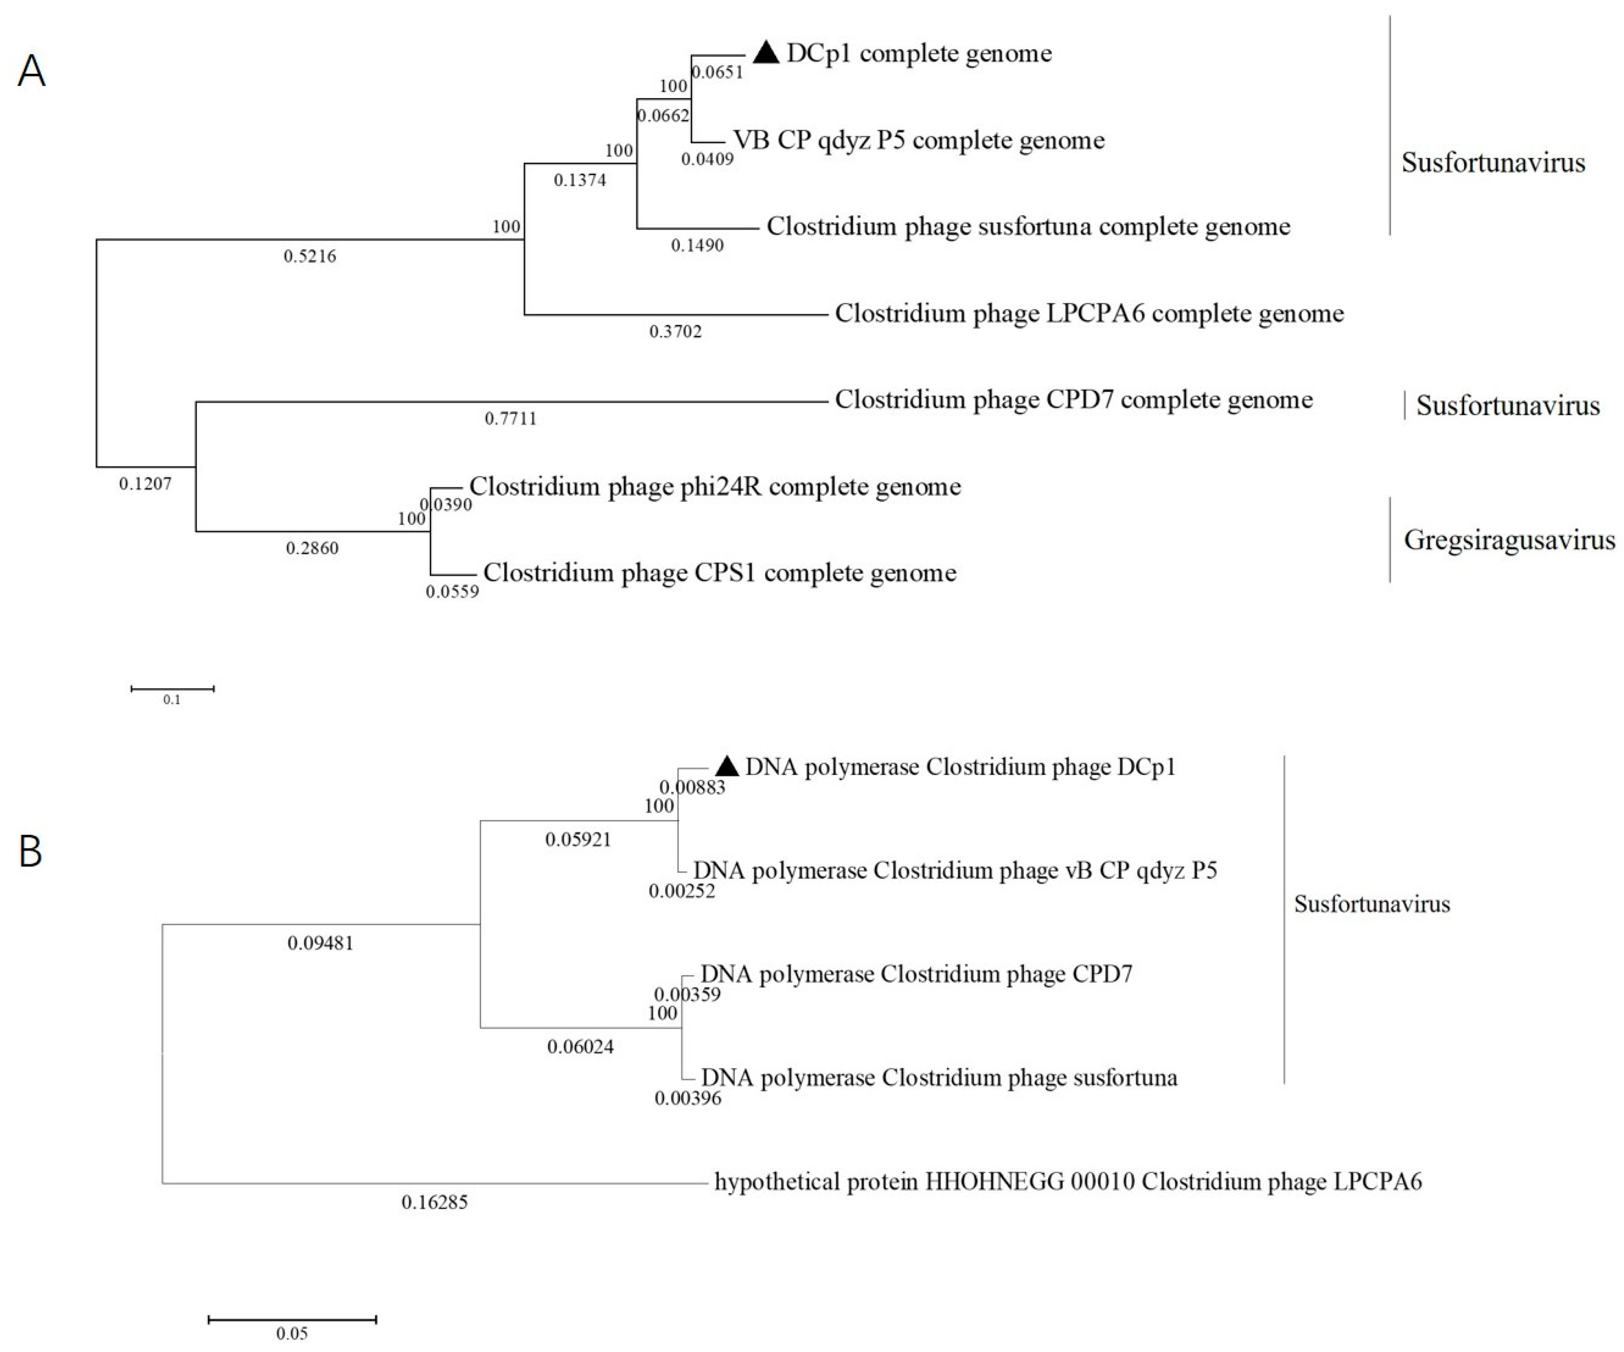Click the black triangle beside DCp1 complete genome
click(766, 52)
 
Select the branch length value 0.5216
click(310, 256)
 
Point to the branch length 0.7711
click(510, 419)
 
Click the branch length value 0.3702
click(675, 332)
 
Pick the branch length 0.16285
click(435, 1203)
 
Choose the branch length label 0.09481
click(320, 943)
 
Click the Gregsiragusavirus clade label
click(1509, 540)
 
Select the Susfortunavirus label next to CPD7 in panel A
click(1507, 405)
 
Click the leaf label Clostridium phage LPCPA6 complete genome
click(1089, 313)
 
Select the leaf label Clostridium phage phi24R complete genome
click(715, 486)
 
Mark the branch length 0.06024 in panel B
click(580, 1047)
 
